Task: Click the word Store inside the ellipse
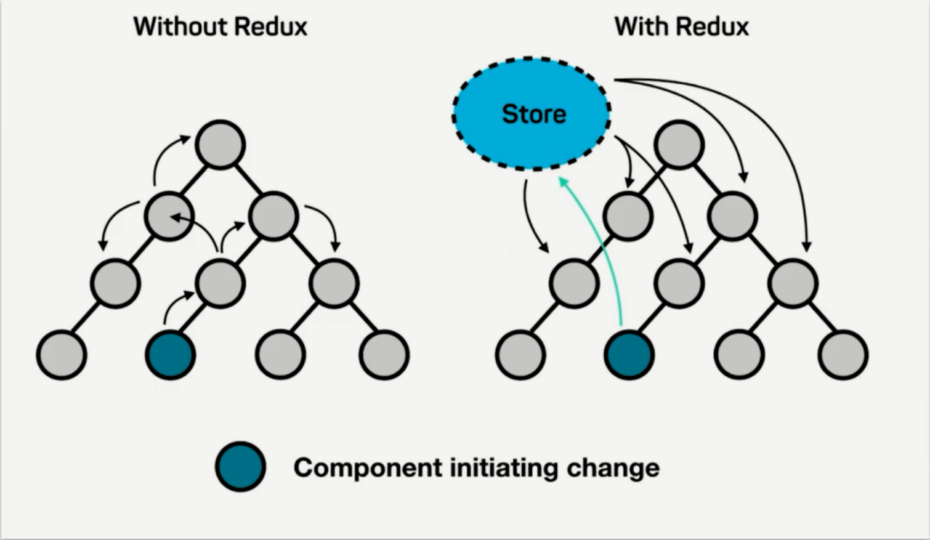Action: [534, 114]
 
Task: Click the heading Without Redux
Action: [220, 27]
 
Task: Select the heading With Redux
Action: [682, 27]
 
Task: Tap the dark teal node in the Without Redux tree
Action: [170, 355]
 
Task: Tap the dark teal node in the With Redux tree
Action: [629, 355]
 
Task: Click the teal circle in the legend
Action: [240, 467]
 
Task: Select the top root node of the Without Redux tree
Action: [220, 145]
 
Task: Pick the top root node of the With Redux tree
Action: [679, 145]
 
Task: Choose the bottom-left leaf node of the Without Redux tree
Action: [62, 355]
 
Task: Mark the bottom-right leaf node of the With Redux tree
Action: [843, 355]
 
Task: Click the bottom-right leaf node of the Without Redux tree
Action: [384, 355]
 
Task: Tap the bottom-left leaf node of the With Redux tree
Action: [520, 355]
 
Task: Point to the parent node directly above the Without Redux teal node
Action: [220, 283]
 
